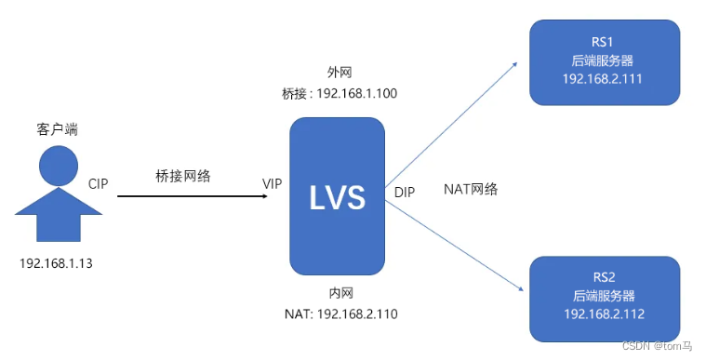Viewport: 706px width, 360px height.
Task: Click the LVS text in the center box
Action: coord(337,196)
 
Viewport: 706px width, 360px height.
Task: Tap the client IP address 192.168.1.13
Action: coord(56,263)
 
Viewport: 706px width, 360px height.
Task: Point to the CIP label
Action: coord(98,183)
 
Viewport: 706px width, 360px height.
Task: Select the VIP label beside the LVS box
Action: coord(273,183)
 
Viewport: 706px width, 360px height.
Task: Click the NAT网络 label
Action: coord(471,189)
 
